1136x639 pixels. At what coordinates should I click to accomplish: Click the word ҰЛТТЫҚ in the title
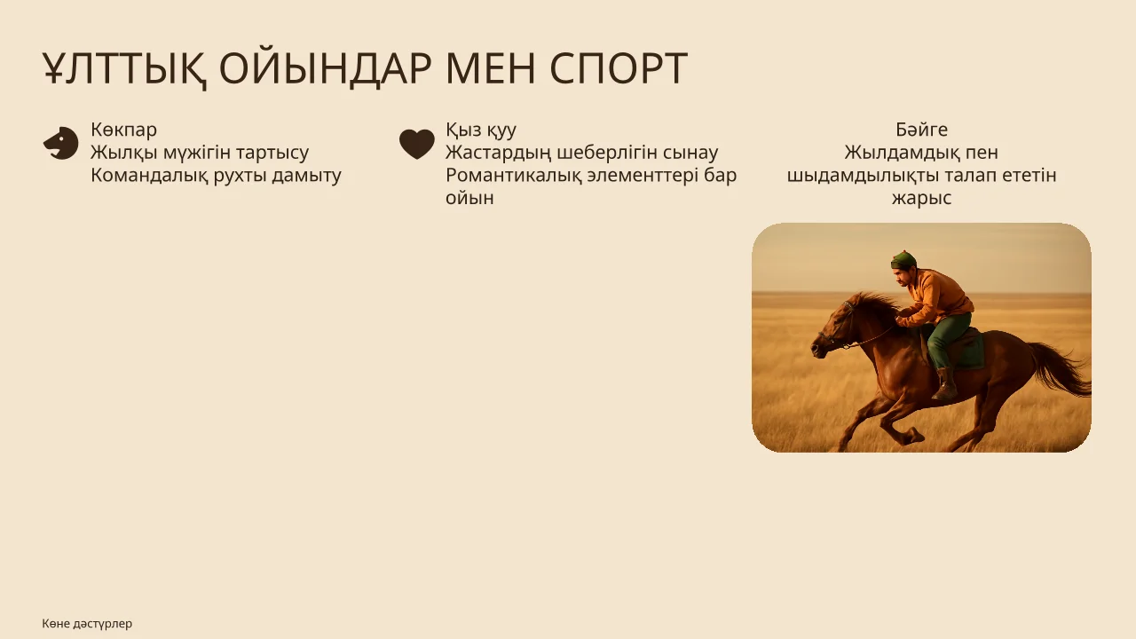tap(125, 69)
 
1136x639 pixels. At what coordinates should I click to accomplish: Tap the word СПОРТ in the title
tap(619, 68)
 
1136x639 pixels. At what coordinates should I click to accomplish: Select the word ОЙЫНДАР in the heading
tap(326, 69)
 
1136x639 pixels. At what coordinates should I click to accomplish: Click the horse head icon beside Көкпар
tap(61, 143)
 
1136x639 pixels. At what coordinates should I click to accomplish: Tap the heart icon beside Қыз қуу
tap(417, 144)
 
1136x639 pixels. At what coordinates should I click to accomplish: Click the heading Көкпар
tap(123, 130)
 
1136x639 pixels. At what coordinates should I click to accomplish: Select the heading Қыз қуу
tap(481, 130)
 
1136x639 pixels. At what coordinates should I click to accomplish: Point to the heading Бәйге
tap(921, 130)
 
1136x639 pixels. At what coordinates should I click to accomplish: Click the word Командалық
tap(149, 176)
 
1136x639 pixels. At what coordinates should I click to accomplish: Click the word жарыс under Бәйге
tap(921, 199)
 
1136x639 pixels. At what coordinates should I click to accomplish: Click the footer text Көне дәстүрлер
tap(87, 623)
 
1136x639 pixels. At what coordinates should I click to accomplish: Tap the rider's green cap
tap(903, 260)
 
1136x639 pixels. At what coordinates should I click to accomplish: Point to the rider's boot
tap(945, 383)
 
